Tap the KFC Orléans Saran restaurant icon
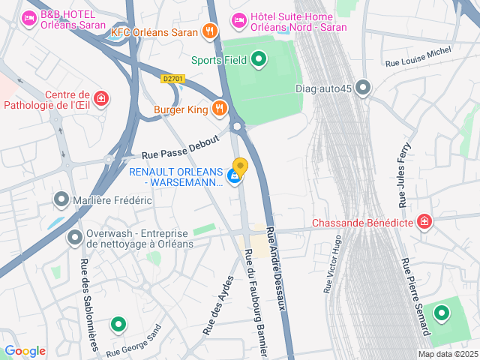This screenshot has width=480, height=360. pos(211,31)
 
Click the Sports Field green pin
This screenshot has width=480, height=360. pos(259,58)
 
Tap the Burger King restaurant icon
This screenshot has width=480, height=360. pos(220,109)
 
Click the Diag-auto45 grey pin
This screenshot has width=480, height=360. pos(364,88)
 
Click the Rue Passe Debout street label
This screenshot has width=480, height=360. pos(180,147)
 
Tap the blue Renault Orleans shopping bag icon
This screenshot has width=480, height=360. pos(235,178)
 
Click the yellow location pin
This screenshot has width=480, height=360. pos(240,166)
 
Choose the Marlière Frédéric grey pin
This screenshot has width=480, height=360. pos(61,199)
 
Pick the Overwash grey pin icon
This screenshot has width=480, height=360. pos(74,238)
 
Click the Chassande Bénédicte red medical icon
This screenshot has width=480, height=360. pos(425,221)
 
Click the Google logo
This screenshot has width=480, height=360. pos(25,351)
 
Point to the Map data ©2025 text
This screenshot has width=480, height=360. pos(447,354)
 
